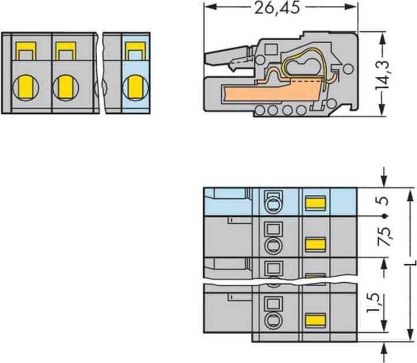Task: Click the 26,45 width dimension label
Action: click(277, 8)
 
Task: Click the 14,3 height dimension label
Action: click(382, 75)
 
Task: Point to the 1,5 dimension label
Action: click(373, 303)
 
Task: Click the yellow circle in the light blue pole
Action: click(136, 87)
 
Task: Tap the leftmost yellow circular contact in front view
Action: click(26, 87)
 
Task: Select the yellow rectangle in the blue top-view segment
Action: click(316, 203)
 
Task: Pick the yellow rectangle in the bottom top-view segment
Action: click(316, 320)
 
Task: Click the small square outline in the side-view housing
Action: click(271, 49)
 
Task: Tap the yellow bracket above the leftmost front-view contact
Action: click(26, 51)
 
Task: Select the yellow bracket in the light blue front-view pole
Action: click(136, 51)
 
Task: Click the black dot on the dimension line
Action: click(384, 216)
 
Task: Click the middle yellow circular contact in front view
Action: click(65, 87)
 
